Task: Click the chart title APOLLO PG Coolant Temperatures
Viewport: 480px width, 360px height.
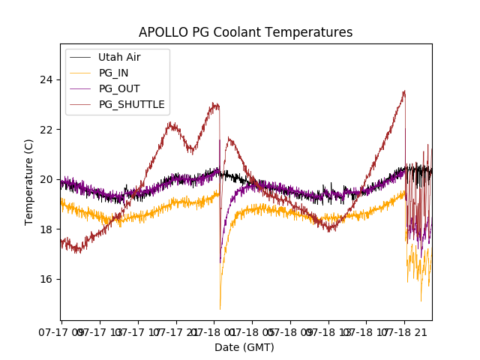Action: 245,32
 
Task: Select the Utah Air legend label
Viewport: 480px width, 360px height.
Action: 119,57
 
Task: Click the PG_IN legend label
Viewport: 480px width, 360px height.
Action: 113,73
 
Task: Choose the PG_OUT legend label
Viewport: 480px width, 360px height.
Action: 119,88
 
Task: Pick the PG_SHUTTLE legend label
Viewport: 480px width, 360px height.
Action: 132,104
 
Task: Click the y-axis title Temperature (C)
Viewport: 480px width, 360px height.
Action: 30,181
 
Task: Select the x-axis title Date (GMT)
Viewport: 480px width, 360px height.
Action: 244,347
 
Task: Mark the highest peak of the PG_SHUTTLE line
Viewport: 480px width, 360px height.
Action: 405,91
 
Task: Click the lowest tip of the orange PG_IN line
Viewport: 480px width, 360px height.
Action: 220,308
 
